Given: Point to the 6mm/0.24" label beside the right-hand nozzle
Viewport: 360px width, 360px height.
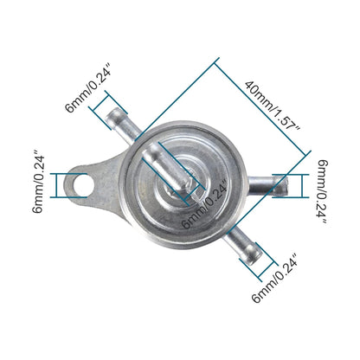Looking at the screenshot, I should point(323,192).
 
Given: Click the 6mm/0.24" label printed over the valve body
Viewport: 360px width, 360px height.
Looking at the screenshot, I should point(205,202).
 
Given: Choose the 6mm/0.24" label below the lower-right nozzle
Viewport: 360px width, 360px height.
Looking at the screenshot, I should point(277,279).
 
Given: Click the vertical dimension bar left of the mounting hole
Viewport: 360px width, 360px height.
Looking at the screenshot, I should point(58,184).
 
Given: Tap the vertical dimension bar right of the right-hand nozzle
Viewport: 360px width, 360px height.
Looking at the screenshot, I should point(303,184).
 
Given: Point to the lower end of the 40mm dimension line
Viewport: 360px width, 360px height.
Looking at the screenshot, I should point(307,155).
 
